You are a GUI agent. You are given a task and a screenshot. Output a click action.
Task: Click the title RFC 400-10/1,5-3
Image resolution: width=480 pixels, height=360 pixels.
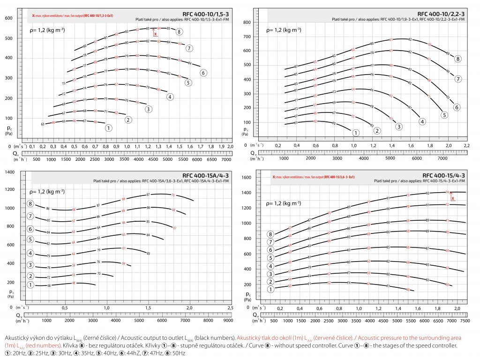209,14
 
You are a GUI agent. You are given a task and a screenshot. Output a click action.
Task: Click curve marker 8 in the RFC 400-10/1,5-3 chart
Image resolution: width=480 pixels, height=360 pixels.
179,32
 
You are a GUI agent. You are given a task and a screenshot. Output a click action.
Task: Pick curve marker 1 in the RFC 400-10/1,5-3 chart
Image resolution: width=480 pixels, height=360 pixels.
108,127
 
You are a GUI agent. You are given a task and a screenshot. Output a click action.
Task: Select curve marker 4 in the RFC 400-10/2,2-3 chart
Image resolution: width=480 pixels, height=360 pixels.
422,121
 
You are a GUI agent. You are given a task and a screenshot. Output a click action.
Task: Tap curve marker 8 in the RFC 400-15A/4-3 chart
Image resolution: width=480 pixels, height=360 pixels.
30,204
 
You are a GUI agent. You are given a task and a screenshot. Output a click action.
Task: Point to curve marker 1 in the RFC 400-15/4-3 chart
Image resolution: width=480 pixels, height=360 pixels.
270,289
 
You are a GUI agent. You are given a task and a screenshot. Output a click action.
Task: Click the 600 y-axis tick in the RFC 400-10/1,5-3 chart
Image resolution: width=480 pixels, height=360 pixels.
8,18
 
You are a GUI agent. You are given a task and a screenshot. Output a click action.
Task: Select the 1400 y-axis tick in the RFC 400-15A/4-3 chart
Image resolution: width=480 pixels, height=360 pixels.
9,172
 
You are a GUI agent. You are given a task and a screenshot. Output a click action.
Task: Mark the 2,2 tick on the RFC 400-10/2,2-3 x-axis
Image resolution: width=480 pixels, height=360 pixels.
467,146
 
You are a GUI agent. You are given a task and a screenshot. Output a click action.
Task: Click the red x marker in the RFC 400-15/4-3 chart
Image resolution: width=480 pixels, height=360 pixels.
453,199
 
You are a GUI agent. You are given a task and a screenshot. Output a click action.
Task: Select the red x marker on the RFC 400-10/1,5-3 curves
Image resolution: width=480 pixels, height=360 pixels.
155,34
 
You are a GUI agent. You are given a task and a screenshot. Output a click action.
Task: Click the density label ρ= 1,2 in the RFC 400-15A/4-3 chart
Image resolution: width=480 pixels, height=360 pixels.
47,191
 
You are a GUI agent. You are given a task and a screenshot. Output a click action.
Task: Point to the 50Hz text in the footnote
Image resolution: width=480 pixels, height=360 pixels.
180,352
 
